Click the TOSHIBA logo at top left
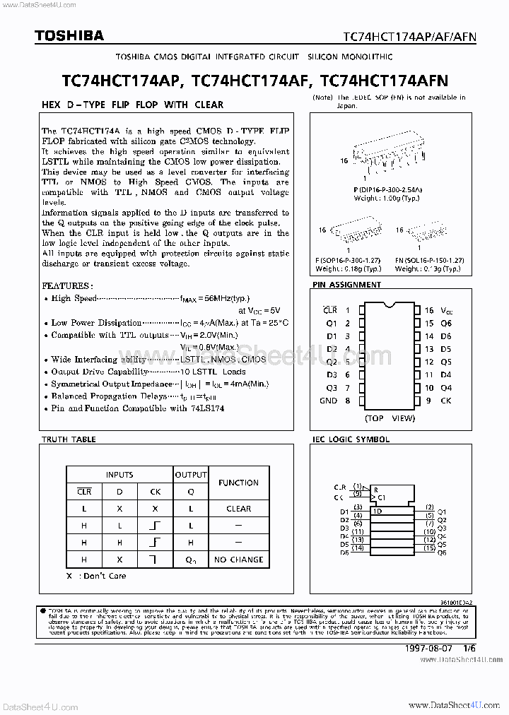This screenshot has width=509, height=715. (x=59, y=35)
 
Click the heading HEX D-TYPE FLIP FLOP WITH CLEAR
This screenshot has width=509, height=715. (x=132, y=105)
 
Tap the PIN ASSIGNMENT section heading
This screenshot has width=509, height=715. (x=346, y=285)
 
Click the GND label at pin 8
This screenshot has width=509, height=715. (x=328, y=401)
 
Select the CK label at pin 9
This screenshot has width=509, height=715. (x=446, y=401)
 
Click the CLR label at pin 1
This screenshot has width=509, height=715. (x=329, y=310)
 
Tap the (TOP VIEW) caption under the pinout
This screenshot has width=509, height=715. (x=389, y=418)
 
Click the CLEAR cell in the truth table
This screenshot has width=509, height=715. (x=238, y=508)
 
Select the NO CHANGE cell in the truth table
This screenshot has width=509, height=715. (x=238, y=559)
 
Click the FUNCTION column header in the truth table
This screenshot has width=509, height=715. (x=238, y=483)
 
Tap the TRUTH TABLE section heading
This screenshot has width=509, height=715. (x=69, y=439)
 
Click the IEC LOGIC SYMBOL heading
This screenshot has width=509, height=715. (x=351, y=439)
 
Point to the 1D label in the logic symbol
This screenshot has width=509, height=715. (x=379, y=512)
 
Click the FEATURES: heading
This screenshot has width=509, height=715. (x=67, y=286)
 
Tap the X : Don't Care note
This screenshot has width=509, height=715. (x=96, y=576)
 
